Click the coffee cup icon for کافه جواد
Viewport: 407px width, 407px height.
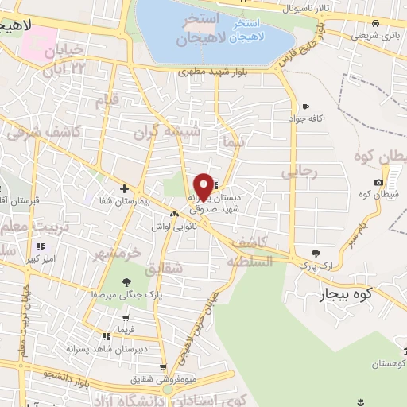305,107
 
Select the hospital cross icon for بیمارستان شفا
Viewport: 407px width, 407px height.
123,188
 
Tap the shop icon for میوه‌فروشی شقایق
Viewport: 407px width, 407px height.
163,367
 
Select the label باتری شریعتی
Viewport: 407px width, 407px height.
377,36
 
